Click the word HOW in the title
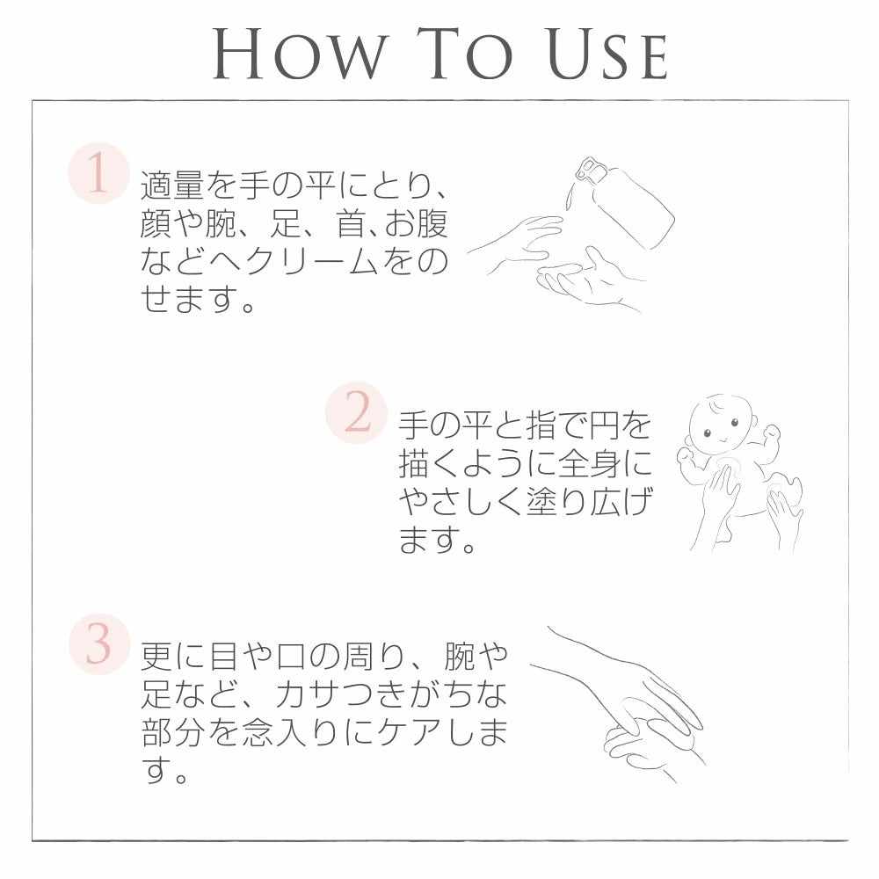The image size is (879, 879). pos(301,54)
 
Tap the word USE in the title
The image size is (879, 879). pos(607,54)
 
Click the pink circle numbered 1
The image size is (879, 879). pos(98,173)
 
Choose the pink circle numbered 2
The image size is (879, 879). pos(357,413)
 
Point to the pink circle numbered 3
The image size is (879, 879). pos(99,644)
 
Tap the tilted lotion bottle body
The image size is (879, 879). pos(631,207)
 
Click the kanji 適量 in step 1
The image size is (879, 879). pos(172,185)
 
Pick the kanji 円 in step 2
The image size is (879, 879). pos(604,425)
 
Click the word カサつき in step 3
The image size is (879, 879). pos(342,694)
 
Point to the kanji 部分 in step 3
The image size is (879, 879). pos(172,733)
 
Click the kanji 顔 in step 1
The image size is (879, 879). pos(156,223)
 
